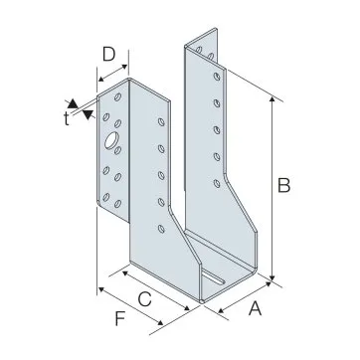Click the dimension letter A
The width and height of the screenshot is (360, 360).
tap(256, 308)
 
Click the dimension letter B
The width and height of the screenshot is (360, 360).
tap(284, 186)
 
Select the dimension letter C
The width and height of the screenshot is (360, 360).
tap(144, 299)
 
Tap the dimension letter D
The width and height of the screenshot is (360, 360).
tap(108, 55)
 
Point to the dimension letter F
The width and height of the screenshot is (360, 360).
tap(120, 319)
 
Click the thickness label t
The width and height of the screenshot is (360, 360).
tap(67, 118)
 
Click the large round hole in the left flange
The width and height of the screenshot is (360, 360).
tap(110, 140)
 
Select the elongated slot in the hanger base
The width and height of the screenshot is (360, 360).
tap(214, 278)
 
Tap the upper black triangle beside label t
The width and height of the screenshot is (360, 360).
tap(73, 103)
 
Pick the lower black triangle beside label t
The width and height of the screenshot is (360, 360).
tap(89, 114)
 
